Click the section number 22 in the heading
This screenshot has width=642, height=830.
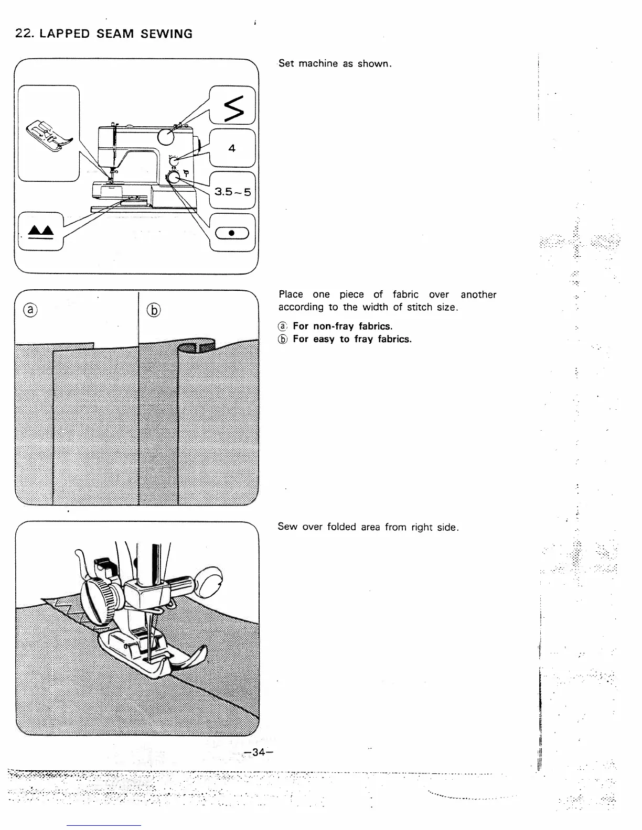22,34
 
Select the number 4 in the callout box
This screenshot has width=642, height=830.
232,148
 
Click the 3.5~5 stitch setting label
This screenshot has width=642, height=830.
232,192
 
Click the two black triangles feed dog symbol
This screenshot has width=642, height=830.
40,231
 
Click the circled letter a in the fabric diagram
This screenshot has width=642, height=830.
31,310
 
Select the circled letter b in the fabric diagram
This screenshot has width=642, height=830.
154,310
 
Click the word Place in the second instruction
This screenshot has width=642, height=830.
291,294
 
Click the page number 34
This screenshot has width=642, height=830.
258,752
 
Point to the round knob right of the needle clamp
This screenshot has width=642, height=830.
208,580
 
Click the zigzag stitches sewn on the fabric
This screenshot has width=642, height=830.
73,610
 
